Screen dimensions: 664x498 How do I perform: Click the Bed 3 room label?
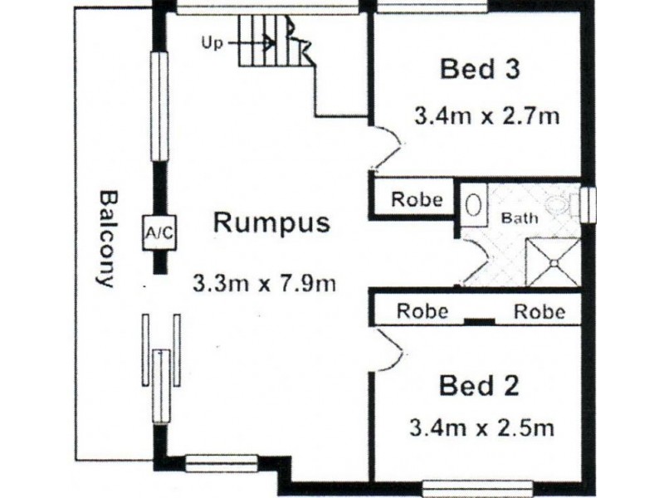480,70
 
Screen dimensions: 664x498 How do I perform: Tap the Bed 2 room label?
479,386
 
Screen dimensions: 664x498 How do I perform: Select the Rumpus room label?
271,223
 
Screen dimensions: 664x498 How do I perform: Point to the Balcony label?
106,239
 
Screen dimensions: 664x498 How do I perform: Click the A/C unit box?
159,232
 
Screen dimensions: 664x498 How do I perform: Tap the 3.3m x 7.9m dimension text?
265,283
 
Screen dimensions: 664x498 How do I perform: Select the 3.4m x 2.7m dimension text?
487,115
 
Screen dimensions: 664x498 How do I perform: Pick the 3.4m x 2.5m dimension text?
482,428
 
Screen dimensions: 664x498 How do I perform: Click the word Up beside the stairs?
212,43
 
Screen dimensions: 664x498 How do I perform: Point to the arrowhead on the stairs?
269,43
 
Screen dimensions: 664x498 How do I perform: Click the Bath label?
520,218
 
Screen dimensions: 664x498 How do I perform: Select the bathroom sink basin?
473,206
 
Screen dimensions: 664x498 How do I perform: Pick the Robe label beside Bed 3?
417,199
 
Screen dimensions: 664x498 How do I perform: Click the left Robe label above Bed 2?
422,311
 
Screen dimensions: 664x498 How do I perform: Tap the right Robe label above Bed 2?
539,311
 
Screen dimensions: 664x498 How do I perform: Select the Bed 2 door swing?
387,349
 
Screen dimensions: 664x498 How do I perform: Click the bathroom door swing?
474,261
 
